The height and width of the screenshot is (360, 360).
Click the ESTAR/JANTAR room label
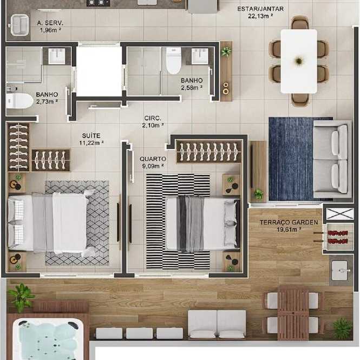(x=260, y=9)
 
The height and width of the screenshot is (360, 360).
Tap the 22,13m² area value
(x=260, y=16)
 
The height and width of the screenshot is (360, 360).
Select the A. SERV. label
(x=50, y=23)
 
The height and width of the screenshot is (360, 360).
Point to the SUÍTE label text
(x=91, y=135)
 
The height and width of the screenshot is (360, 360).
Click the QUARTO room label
(x=153, y=159)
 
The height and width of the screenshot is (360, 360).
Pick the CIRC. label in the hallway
(x=153, y=118)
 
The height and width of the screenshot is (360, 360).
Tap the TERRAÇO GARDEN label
(x=289, y=222)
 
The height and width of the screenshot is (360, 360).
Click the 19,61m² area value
(x=289, y=230)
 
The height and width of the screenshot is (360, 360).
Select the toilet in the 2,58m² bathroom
(x=174, y=61)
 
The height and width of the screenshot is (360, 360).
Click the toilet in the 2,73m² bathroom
(x=19, y=101)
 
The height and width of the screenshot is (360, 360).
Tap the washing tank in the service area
(x=19, y=25)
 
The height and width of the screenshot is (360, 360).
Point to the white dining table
(x=299, y=61)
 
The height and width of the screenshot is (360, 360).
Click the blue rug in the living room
(x=291, y=159)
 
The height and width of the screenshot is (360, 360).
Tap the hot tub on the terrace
(x=48, y=339)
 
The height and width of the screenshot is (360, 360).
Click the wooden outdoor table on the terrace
(x=293, y=313)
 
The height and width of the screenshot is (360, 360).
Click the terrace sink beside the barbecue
(x=341, y=270)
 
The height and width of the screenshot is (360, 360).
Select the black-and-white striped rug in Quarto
(x=178, y=221)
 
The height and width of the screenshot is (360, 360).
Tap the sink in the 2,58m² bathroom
(x=200, y=56)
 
